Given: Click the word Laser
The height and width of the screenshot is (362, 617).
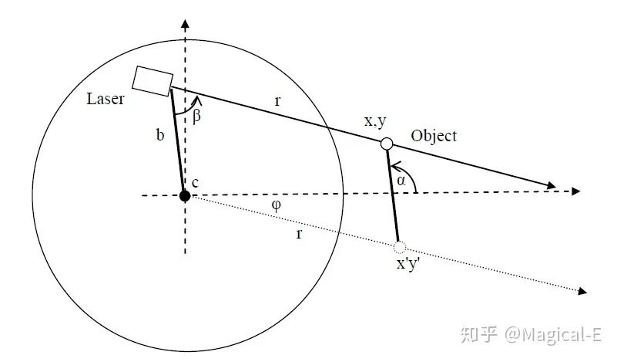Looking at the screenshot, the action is coord(105,99).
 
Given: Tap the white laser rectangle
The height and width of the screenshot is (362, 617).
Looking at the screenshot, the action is coord(153,81).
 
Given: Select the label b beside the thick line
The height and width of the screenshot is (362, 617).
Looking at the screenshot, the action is coord(159,135).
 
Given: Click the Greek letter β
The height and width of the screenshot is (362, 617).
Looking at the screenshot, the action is coord(196,116).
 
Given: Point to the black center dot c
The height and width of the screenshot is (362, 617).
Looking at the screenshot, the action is coord(185,195).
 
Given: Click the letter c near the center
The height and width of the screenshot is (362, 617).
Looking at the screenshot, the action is coord(195,183).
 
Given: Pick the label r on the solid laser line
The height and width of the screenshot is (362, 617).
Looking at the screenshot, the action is coord(278,101).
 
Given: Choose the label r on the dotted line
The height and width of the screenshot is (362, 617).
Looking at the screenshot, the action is coord(299,234).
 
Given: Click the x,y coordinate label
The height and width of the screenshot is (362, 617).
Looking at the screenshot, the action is coord(375,121).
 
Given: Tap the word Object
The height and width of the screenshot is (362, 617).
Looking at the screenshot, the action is coord(434,136).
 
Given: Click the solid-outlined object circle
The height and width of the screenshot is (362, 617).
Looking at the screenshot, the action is coord(387,144).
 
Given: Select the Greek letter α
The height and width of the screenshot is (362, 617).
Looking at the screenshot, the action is coord(401,181).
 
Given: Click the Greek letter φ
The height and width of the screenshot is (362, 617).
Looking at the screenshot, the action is coord(277,205).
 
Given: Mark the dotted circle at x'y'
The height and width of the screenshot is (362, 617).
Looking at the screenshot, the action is coord(400,247).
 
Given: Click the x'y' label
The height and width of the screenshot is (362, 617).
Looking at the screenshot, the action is coord(408,263).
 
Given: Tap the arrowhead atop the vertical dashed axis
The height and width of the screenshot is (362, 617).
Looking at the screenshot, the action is coord(185,24).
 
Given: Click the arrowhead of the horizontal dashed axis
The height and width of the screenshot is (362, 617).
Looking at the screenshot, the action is coord(576,191).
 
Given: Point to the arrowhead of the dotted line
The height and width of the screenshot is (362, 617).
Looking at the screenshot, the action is coord(582,292).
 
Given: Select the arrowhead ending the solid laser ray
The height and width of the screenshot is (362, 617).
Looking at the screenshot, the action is coord(552,185).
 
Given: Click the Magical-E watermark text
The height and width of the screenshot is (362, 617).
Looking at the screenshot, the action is coord(553,335).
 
